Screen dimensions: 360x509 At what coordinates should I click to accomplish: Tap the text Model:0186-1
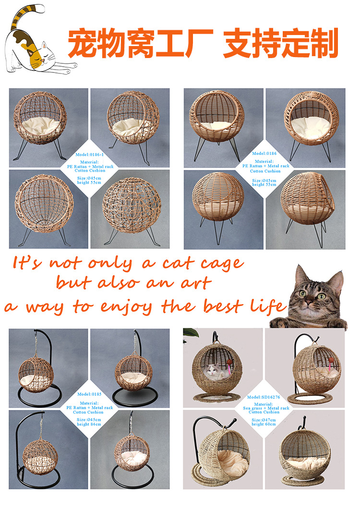coord(89,154)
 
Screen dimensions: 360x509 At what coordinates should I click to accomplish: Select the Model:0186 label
coord(264,153)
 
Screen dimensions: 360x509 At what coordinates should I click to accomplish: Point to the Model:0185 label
coord(89,394)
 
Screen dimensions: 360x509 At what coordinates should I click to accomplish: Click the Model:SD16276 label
coord(263,397)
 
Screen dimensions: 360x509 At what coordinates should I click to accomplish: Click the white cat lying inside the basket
coord(215,372)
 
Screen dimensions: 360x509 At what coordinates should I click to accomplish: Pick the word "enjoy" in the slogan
coord(126,307)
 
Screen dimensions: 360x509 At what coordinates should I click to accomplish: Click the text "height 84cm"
coord(89,424)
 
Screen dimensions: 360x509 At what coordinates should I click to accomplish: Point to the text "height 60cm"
coord(264,424)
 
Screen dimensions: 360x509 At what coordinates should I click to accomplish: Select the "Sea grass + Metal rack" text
coord(266,408)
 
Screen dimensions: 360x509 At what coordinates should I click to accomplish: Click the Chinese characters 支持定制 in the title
coord(281,43)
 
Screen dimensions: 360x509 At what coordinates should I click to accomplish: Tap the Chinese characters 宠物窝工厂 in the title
coord(140,43)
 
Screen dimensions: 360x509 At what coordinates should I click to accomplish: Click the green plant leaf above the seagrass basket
coord(191,333)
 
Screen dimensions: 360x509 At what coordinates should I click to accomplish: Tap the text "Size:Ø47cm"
coord(264,420)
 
